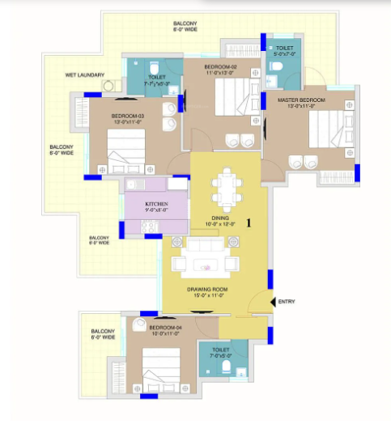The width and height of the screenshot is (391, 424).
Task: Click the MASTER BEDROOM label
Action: pos(301,100)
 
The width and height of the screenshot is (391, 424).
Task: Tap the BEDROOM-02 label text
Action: pos(219,66)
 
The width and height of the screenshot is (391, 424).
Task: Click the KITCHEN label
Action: pos(156,204)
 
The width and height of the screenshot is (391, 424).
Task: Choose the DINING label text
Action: pos(222,218)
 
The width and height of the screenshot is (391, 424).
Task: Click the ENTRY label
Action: pos(287,302)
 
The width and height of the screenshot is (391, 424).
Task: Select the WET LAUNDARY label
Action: pos(85,75)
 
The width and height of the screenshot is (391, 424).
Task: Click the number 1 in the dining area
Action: pos(249,221)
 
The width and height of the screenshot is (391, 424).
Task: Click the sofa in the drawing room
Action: pos(203,261)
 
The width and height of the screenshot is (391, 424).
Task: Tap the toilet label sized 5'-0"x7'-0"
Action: pos(284,50)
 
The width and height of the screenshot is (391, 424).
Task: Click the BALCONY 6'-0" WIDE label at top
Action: pos(186,26)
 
